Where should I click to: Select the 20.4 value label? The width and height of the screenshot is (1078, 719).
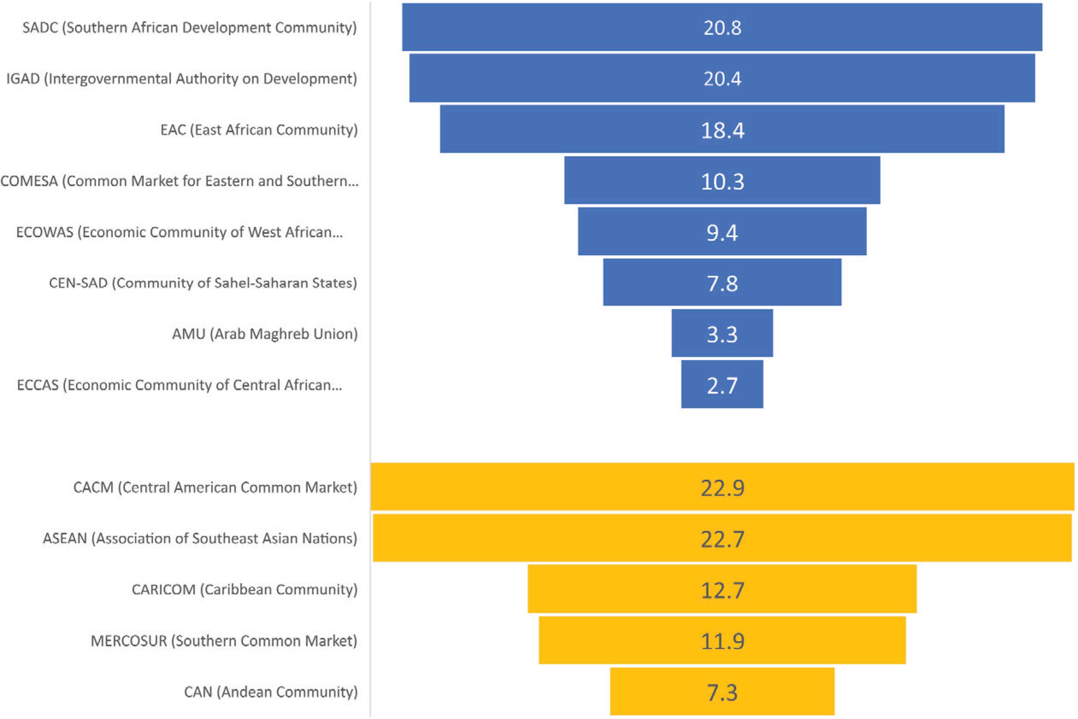[x=722, y=78]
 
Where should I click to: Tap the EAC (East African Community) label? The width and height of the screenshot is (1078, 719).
[x=259, y=130]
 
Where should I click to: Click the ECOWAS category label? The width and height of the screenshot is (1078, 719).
[x=179, y=232]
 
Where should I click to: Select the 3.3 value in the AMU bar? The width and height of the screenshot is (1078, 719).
[x=722, y=334]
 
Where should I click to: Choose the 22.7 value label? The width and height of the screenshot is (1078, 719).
[x=722, y=538]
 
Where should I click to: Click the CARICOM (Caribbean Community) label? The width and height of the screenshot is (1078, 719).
[x=245, y=589]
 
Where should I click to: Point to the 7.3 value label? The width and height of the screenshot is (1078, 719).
[x=722, y=692]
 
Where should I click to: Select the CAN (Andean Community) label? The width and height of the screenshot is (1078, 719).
[x=271, y=691]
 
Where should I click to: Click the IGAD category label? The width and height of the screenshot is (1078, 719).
[x=182, y=78]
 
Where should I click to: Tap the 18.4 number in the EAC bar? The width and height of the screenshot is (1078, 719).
[x=722, y=130]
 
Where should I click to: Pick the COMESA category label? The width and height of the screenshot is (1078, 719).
[x=179, y=181]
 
